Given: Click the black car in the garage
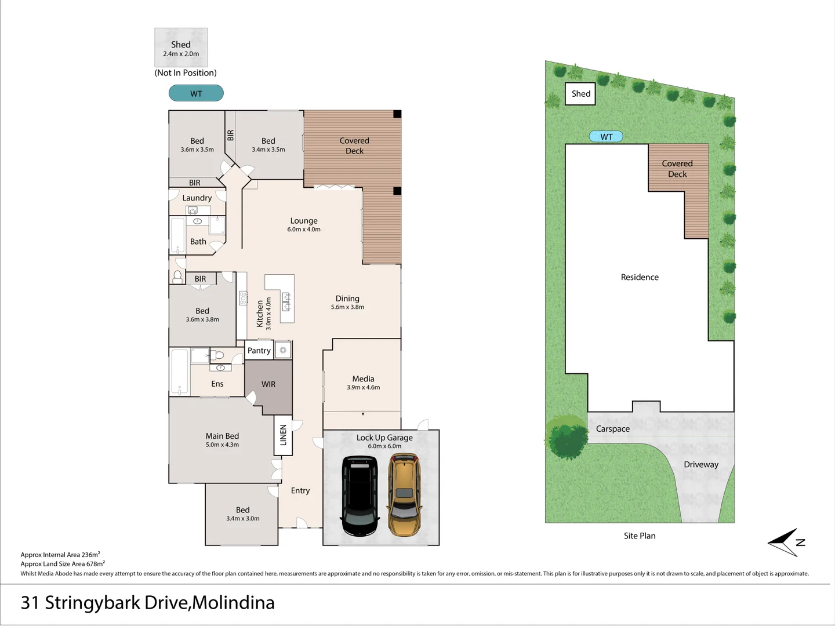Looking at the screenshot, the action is coord(360,496).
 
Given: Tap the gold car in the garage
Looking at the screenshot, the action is coord(404,494).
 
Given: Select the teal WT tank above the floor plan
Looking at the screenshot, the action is coord(196,93).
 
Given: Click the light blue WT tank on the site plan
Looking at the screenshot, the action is coord(606,136).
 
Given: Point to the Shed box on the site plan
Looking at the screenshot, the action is coord(580,93).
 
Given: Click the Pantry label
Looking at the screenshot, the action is coord(259,351).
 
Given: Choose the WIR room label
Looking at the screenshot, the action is coord(268,384).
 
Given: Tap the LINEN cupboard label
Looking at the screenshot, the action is coord(283,435).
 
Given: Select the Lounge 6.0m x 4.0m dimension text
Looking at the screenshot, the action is coord(304,229).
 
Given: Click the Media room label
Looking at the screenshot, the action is coord(363,378).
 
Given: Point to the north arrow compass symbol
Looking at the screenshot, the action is coord(787,543).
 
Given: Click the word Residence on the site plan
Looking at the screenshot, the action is coord(640,277).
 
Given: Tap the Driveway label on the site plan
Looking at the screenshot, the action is coord(700,464).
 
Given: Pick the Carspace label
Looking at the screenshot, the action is coord(612,429).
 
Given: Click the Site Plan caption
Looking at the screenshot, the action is coord(640,536).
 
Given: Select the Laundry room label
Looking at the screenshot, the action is coord(197,198).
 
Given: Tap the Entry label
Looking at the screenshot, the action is coord(300,491).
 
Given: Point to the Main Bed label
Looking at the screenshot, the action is coord(222,436).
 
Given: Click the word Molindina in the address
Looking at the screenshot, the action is coord(233,603).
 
